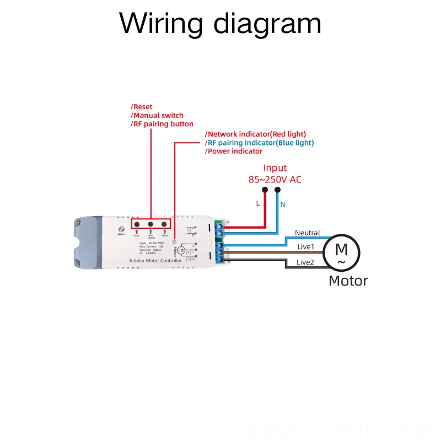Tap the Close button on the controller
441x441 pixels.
pos(136,224)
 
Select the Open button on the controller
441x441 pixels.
pos(164,224)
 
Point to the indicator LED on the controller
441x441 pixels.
pos(175,241)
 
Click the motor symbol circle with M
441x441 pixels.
pos(341,252)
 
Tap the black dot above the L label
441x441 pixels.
pos(265,190)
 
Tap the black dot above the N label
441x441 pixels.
pos(277,190)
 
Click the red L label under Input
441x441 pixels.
pos(257,203)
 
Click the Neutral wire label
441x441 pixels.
pos(307,233)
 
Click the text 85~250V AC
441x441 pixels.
pos(275,180)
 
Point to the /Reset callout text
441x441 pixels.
pos(142,106)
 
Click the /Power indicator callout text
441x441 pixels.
pos(233,151)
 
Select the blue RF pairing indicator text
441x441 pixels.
pos(260,143)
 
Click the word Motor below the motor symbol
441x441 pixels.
pos(348,281)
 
